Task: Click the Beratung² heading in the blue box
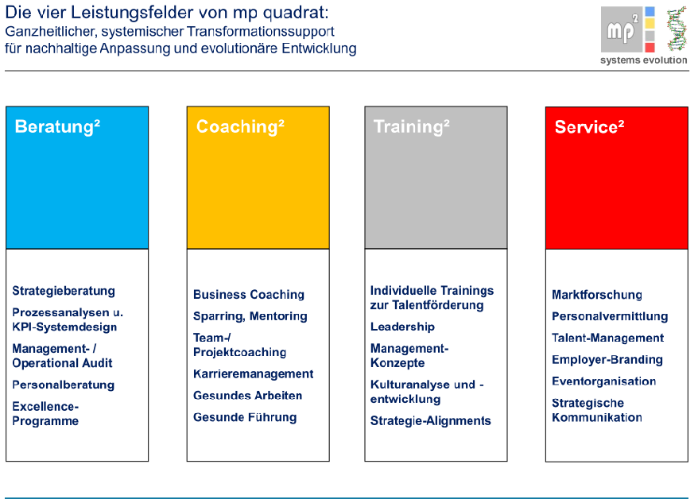click(57, 127)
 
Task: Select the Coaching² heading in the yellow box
click(240, 127)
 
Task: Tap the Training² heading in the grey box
click(412, 127)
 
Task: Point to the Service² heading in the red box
click(589, 127)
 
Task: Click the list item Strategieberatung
click(64, 291)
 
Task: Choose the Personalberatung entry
click(64, 385)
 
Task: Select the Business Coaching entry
click(249, 295)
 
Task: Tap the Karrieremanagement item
click(254, 374)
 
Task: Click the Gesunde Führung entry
click(245, 417)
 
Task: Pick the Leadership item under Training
click(402, 327)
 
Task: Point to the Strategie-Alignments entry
click(430, 420)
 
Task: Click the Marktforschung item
click(597, 295)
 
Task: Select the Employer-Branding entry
click(607, 360)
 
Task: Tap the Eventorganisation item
click(604, 381)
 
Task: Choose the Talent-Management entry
click(607, 338)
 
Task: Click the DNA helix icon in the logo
click(677, 29)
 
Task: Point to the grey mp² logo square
click(622, 29)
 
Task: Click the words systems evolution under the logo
click(644, 60)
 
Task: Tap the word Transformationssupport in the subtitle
click(261, 32)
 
